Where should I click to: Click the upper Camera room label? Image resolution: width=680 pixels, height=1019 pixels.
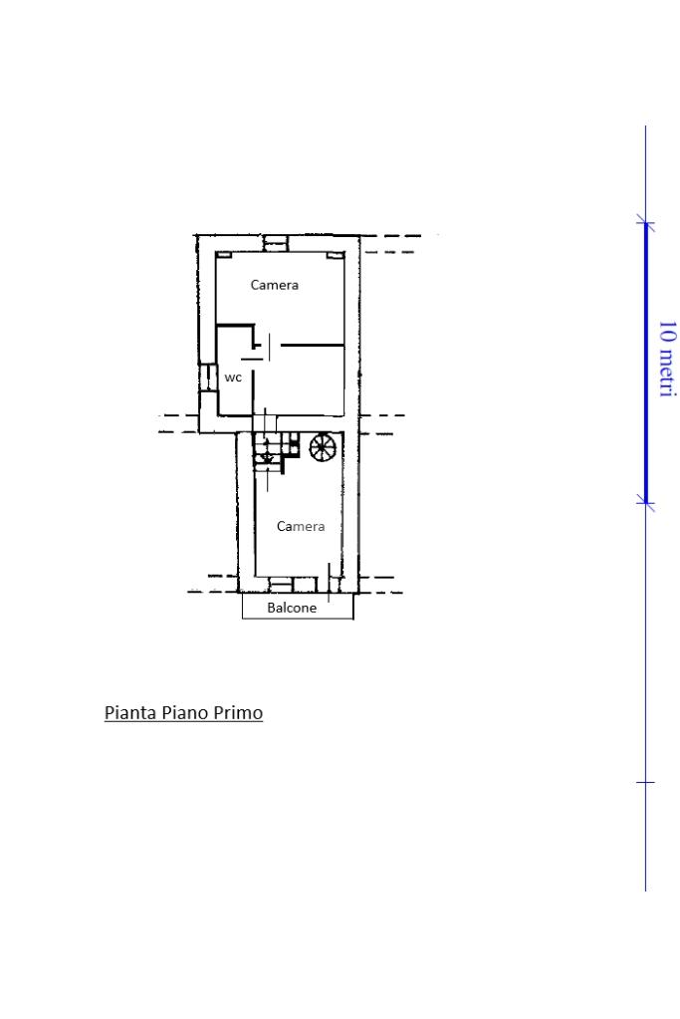click(x=274, y=285)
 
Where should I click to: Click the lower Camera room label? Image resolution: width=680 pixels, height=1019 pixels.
click(x=300, y=526)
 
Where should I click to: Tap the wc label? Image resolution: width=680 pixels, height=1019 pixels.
click(x=233, y=378)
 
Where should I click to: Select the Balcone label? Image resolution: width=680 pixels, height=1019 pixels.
click(x=292, y=608)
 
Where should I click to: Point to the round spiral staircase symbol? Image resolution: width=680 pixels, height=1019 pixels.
click(x=323, y=447)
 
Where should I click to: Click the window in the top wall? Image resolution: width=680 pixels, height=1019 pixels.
click(x=276, y=243)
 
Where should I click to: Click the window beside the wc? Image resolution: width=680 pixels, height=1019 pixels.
click(x=207, y=378)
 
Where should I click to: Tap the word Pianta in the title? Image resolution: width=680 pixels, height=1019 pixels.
click(x=130, y=713)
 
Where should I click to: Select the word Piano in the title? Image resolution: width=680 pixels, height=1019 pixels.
click(x=185, y=713)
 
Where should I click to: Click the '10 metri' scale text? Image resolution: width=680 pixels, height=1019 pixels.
click(x=668, y=358)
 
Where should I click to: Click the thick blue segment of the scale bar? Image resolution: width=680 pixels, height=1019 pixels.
click(x=645, y=364)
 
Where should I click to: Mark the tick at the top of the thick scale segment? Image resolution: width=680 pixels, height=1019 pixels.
click(x=645, y=224)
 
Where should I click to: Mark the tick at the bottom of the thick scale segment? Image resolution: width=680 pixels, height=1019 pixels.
click(x=645, y=503)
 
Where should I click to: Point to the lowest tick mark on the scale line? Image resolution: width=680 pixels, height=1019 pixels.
click(x=645, y=783)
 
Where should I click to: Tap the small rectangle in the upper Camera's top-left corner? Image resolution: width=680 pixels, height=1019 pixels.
click(x=223, y=255)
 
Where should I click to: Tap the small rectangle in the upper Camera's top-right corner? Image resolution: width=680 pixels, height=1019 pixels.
click(x=335, y=255)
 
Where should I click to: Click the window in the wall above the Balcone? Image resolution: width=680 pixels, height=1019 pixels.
click(x=281, y=585)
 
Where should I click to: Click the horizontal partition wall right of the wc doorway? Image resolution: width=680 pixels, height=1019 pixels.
click(x=312, y=345)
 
